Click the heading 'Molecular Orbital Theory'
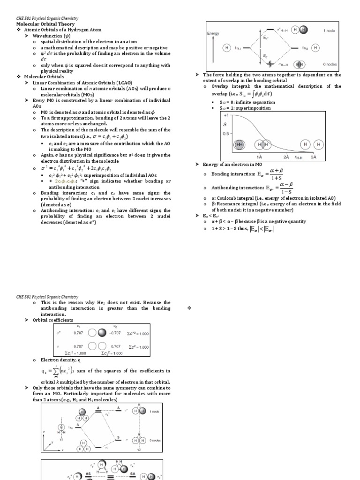(45, 24)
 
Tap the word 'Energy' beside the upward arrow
(214, 33)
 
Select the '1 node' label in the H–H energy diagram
(329, 30)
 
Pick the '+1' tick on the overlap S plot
(226, 115)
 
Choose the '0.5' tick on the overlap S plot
(226, 134)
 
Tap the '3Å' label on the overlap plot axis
(314, 157)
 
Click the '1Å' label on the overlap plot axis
(259, 157)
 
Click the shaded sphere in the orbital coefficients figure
(103, 332)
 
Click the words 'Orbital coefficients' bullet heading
(52, 320)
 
